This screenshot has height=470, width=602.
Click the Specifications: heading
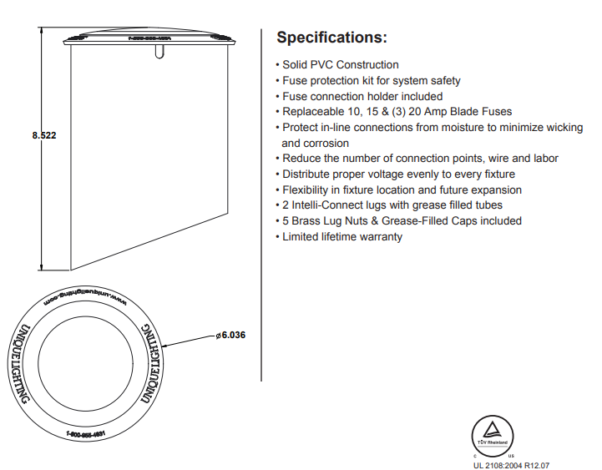click(331, 38)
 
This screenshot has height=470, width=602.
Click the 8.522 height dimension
click(43, 134)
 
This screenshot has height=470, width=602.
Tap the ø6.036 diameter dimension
click(230, 335)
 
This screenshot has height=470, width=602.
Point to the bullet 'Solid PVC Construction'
click(340, 65)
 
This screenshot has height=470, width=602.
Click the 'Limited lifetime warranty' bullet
click(341, 237)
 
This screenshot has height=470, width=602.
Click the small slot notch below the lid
click(159, 53)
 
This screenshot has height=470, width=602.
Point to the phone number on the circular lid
click(90, 434)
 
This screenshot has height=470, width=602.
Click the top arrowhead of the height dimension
click(41, 28)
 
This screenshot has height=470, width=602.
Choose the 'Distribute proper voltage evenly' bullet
click(398, 174)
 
